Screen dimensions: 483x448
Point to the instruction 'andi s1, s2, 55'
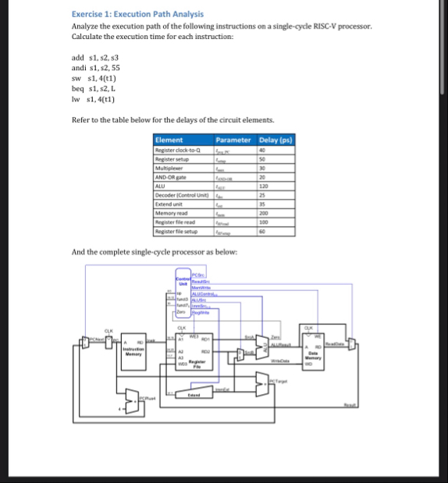[95, 68]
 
